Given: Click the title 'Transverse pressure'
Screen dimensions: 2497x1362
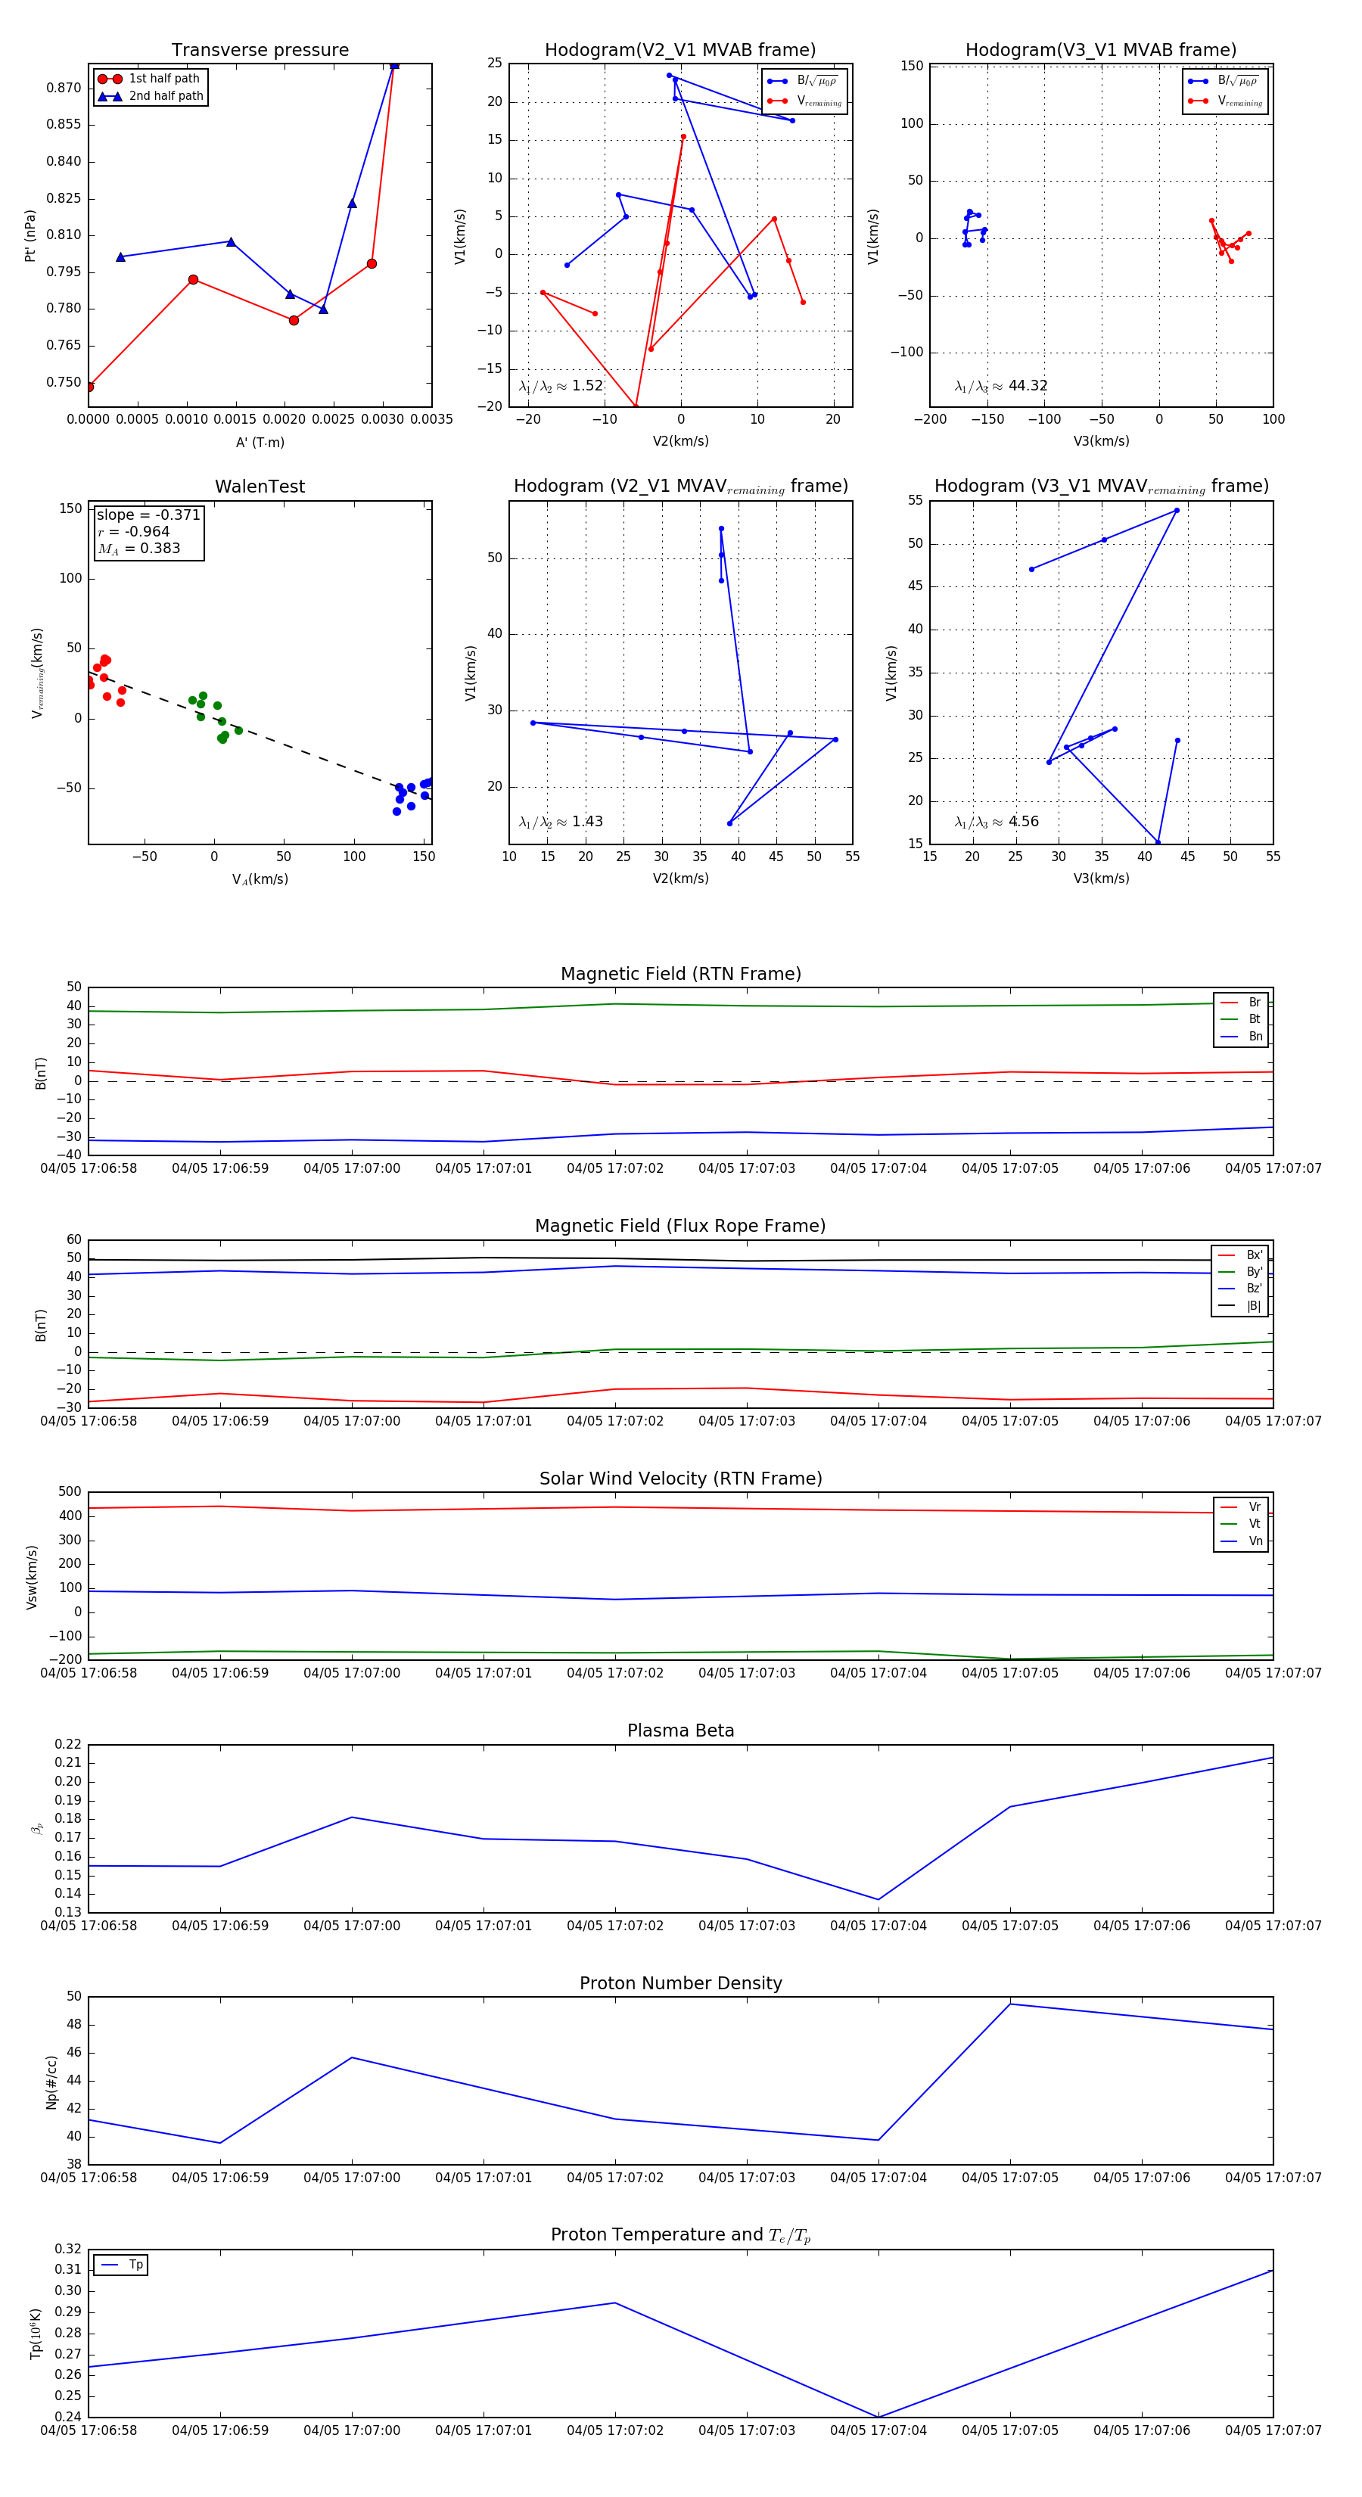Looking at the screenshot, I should tap(260, 51).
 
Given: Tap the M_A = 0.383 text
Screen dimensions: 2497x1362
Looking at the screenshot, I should tap(138, 549).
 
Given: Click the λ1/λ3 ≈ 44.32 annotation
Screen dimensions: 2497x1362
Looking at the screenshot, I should tap(1000, 386).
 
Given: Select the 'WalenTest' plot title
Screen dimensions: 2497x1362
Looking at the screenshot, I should tap(260, 487).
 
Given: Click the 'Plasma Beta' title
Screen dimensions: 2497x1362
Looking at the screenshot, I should tap(680, 1731).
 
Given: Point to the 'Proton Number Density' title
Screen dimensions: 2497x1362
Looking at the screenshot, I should tap(680, 1983).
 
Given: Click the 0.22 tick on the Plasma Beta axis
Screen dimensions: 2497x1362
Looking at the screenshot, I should tap(68, 1745).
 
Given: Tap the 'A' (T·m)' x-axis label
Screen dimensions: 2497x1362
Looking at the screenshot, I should tap(260, 443).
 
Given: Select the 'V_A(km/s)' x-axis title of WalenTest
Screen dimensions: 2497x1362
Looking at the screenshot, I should tap(260, 879).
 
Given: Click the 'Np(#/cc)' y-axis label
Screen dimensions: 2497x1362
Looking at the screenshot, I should tap(51, 2082).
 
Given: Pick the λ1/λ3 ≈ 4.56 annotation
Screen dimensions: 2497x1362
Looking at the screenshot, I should tap(996, 822).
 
